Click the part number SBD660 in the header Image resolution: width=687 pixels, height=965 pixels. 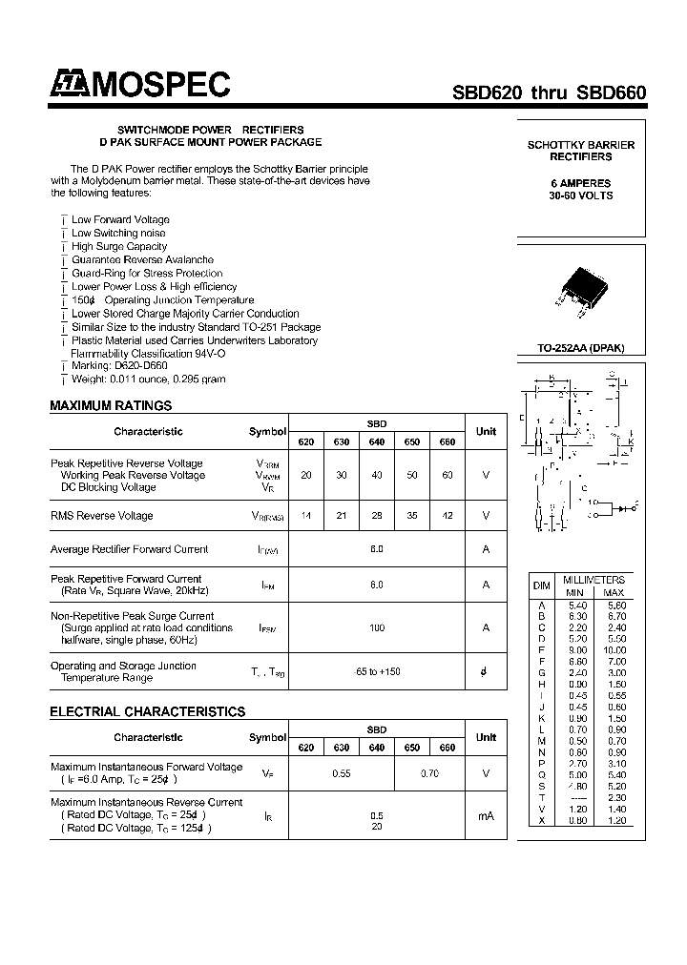[x=612, y=92]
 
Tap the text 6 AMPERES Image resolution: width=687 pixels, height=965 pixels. [x=580, y=182]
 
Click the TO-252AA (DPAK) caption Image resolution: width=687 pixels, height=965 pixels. [x=580, y=348]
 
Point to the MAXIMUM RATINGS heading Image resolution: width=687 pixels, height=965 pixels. [x=111, y=405]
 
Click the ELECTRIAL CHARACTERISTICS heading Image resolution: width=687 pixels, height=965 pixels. [x=147, y=711]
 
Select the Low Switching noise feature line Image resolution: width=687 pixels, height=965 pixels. [x=118, y=233]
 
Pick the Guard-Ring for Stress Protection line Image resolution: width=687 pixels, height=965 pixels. [x=147, y=273]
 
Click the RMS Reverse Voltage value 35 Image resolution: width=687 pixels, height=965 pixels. [x=412, y=516]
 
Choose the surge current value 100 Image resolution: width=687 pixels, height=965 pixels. [x=376, y=628]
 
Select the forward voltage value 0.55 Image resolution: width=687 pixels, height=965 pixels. [x=341, y=773]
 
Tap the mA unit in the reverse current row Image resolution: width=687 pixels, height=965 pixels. [x=486, y=815]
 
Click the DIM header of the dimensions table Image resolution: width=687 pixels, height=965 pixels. [x=541, y=585]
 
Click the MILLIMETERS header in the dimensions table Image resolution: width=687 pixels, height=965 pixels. [x=593, y=580]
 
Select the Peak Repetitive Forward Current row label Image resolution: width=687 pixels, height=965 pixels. [x=126, y=579]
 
